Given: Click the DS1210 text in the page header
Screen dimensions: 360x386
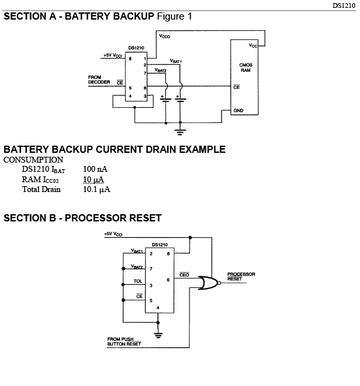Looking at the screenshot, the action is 344,6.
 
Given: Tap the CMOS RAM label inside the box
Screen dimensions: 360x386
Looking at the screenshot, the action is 246,67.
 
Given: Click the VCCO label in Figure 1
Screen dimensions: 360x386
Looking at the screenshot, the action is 165,36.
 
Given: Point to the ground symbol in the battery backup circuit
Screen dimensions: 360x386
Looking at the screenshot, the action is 180,132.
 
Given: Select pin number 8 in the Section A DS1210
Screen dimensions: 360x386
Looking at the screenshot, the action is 130,59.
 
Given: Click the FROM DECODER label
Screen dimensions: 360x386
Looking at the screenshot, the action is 99,80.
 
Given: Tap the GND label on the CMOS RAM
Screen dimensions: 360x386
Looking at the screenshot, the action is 238,110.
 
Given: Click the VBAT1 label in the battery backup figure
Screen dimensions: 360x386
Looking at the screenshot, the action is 176,61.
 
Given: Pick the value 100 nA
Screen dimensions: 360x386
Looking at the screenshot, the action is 95,169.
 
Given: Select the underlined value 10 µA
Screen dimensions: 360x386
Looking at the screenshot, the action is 93,180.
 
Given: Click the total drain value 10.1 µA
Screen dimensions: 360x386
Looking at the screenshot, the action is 97,189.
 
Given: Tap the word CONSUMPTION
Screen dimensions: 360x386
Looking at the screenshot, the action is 33,160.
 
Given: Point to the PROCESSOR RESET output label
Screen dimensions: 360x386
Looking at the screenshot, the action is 241,276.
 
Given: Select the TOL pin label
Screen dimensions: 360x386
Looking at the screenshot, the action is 138,281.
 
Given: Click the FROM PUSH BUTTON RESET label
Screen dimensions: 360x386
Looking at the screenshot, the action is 124,342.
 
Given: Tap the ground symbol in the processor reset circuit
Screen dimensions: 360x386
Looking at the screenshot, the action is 158,335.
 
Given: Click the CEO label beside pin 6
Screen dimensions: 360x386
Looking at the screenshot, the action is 184,275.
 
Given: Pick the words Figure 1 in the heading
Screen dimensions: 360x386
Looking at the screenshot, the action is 174,16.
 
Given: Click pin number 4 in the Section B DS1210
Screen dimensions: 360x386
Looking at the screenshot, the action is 158,308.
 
